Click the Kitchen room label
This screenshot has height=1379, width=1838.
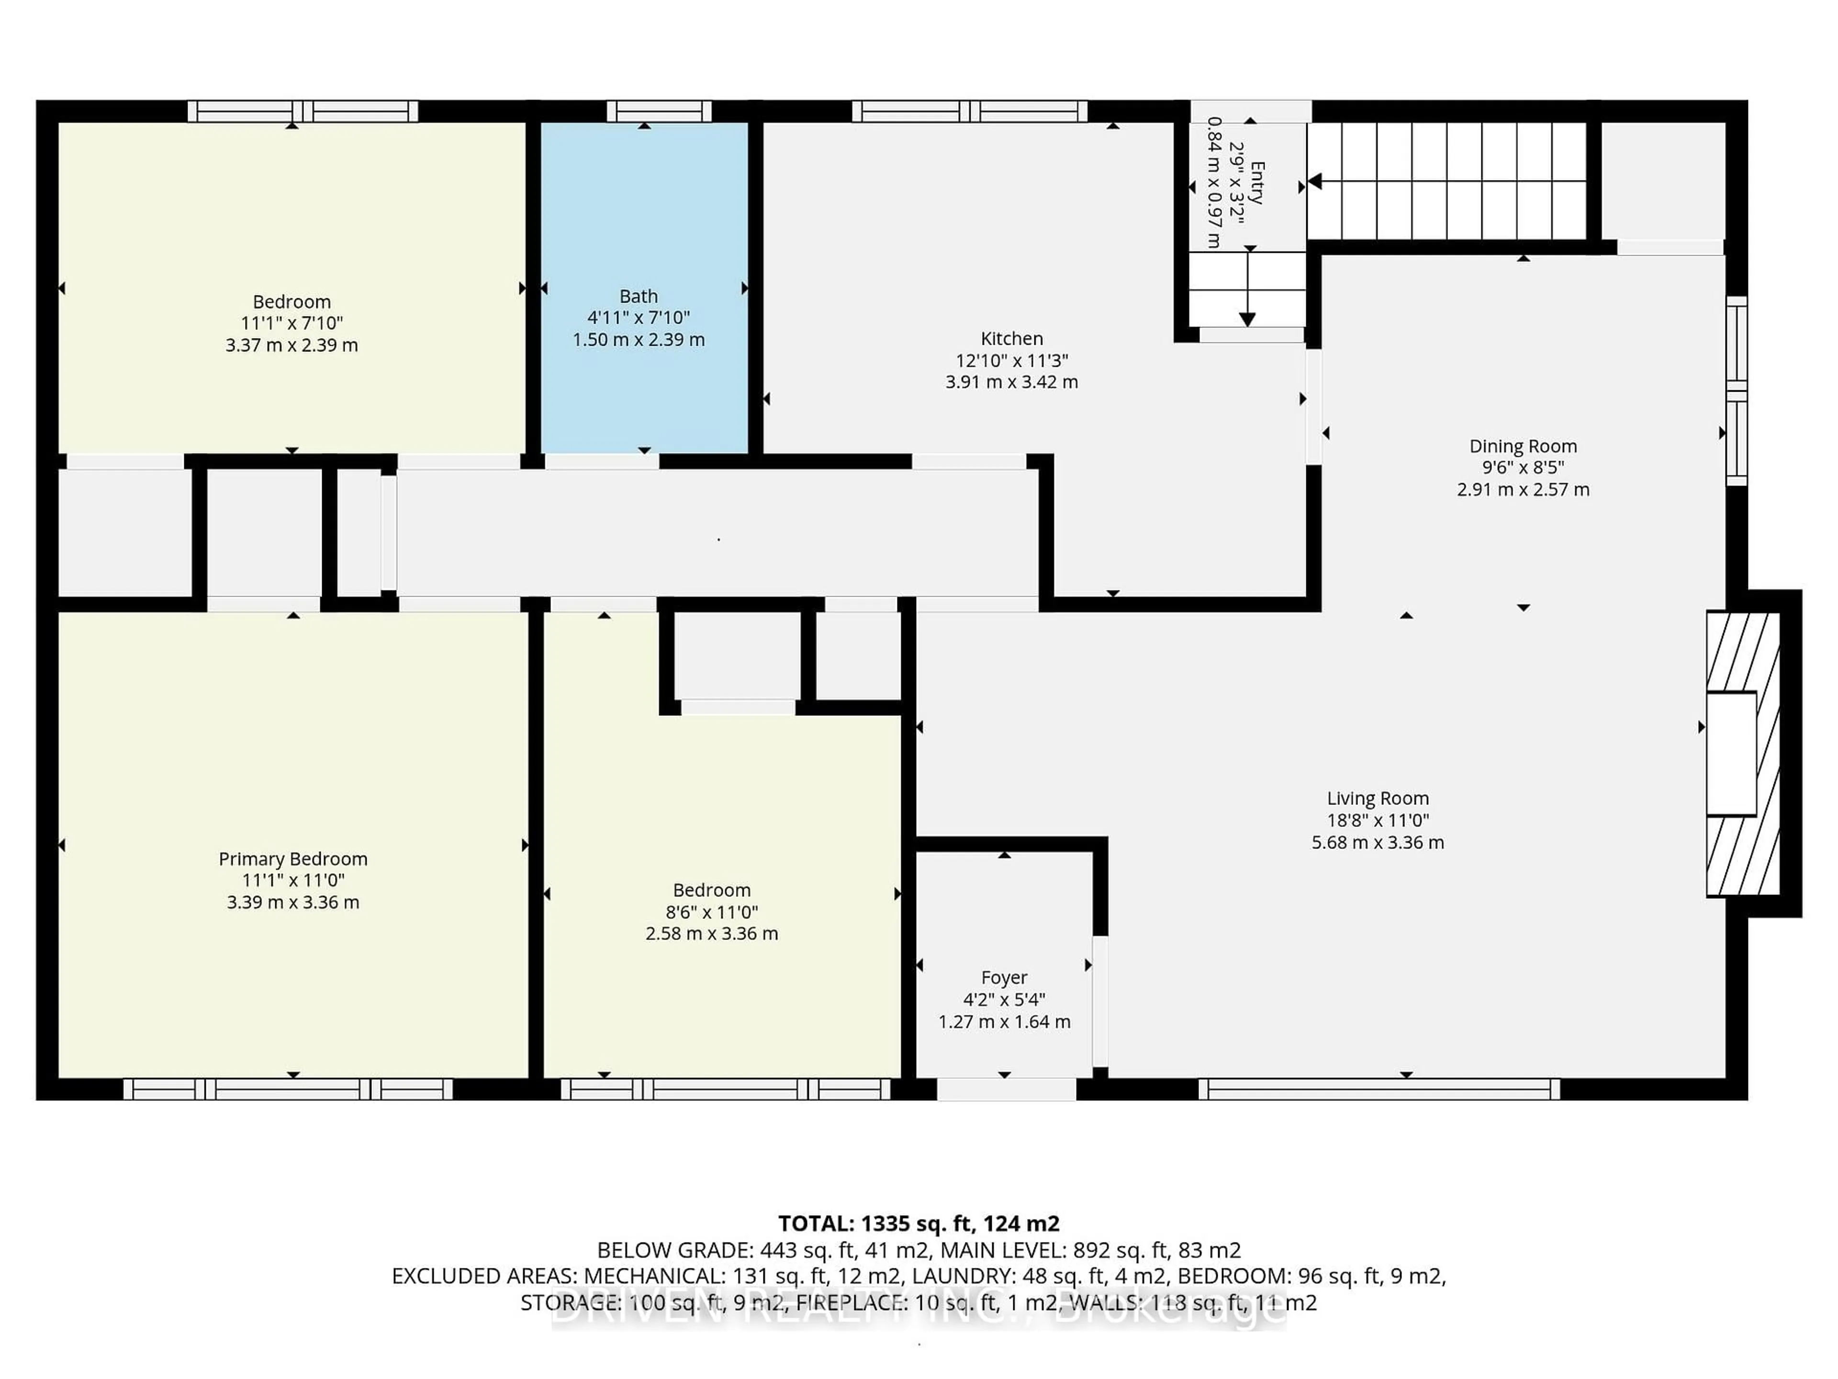1011,339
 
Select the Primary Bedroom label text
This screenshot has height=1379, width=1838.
292,859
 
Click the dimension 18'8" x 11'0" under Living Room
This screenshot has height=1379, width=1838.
1378,820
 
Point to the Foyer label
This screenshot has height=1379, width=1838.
1004,978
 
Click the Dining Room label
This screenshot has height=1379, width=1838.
1522,446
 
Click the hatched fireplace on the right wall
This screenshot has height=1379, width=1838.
1743,754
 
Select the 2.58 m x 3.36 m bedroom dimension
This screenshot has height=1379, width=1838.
711,934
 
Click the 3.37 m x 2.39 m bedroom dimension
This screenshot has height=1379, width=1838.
291,345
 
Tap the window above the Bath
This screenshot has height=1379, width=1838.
659,112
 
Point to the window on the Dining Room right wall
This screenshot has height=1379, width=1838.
1736,391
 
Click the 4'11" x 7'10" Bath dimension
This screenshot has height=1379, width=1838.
638,317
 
